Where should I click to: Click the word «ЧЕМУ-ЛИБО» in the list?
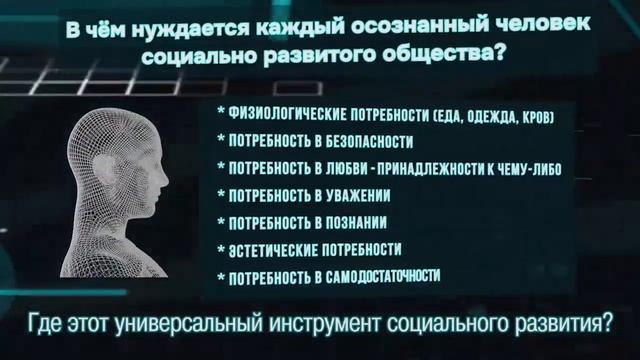pyautogui.click(x=526, y=168)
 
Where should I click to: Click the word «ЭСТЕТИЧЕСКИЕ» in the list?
pyautogui.click(x=276, y=248)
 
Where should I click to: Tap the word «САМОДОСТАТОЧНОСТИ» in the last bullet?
pyautogui.click(x=384, y=275)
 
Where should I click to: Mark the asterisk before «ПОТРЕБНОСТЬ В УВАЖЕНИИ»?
pyautogui.click(x=219, y=195)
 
